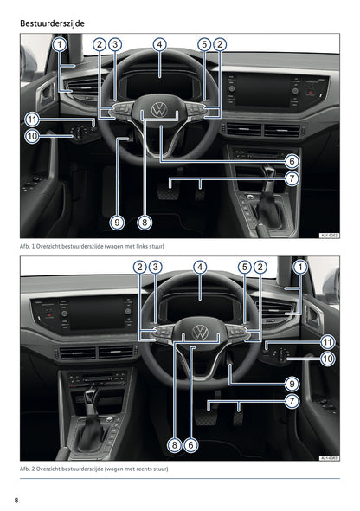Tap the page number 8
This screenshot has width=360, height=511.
point(16,500)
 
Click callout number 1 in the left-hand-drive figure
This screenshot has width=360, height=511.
point(58,44)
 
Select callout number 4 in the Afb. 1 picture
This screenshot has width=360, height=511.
point(159,44)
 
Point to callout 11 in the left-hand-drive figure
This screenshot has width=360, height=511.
point(31,119)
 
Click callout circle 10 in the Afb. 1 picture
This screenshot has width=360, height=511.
point(31,136)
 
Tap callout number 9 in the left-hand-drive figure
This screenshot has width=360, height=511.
point(118,222)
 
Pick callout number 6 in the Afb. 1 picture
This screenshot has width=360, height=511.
point(292,161)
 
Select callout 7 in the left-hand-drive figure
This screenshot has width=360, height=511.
point(292,178)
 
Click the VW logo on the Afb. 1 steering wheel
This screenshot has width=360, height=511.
point(160,110)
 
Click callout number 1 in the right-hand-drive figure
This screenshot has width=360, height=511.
point(300,268)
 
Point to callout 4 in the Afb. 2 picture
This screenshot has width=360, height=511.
point(200,268)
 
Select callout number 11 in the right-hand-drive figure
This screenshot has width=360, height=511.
point(327,342)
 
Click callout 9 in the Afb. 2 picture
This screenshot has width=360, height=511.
point(292,384)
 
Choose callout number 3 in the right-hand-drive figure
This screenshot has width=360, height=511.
point(155,268)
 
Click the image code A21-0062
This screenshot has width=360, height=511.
point(328,235)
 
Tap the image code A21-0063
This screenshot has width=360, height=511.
point(328,457)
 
